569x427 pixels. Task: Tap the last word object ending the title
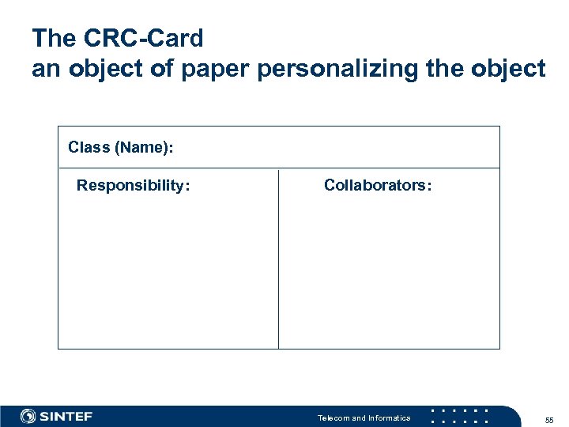tap(507, 69)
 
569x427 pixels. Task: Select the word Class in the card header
tap(89, 147)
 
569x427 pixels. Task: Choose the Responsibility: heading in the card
tap(133, 186)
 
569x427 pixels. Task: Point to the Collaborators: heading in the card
tap(378, 186)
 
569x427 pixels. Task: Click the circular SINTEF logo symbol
tap(28, 416)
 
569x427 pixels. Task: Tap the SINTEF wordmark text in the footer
tap(66, 416)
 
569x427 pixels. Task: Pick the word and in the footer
tap(359, 418)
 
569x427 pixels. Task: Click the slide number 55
tap(549, 419)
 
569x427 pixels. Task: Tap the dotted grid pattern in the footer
tap(460, 416)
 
